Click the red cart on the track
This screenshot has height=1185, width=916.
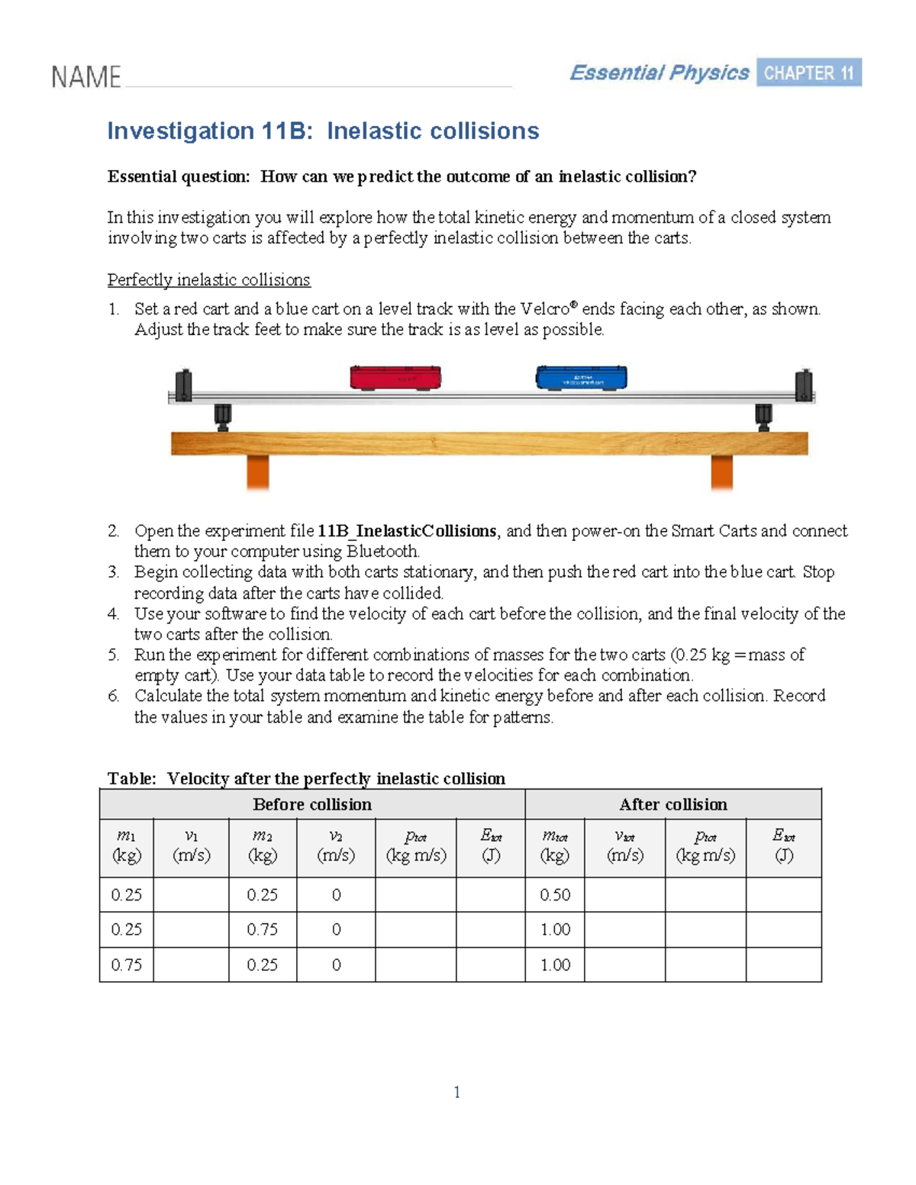tap(395, 377)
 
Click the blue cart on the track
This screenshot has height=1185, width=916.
tap(582, 377)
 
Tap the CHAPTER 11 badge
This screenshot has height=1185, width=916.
tap(808, 72)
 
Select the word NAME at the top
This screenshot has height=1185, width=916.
tap(85, 77)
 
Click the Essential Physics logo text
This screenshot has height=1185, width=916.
tap(659, 72)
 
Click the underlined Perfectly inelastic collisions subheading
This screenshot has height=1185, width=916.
tap(208, 280)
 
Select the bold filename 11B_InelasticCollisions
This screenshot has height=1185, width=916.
tap(407, 531)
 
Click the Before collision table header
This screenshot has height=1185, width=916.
tap(312, 804)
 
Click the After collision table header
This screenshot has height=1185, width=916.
tap(672, 804)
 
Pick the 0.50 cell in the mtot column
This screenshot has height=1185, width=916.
tap(555, 895)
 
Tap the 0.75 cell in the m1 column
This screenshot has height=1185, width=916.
tap(126, 964)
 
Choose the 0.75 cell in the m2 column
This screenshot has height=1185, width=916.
tap(262, 929)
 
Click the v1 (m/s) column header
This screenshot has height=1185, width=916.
tap(191, 846)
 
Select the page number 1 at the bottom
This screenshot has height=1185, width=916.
tap(456, 1092)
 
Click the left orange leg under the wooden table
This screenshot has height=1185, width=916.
tap(257, 472)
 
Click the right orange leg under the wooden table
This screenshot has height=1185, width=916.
tap(721, 472)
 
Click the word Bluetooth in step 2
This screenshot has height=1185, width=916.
tap(382, 552)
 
